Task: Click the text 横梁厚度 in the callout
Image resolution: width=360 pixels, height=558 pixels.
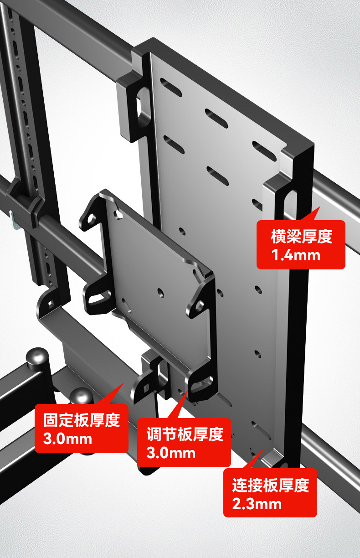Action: pyautogui.click(x=301, y=237)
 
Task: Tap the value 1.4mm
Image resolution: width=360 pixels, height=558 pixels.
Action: pyautogui.click(x=296, y=255)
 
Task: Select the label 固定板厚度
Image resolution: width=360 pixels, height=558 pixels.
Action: pyautogui.click(x=82, y=420)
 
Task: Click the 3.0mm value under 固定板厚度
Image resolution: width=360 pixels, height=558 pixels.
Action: pyautogui.click(x=67, y=439)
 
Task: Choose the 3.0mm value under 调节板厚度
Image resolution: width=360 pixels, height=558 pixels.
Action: pyautogui.click(x=171, y=453)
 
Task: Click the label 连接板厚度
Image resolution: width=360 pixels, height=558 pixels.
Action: pyautogui.click(x=270, y=485)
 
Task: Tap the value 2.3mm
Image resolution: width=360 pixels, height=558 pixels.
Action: pyautogui.click(x=257, y=504)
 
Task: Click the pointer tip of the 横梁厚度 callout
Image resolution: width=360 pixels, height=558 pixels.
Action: pyautogui.click(x=319, y=207)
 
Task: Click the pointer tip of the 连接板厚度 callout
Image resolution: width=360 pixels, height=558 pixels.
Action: pyautogui.click(x=262, y=451)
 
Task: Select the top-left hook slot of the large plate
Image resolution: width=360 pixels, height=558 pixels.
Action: pyautogui.click(x=143, y=104)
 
